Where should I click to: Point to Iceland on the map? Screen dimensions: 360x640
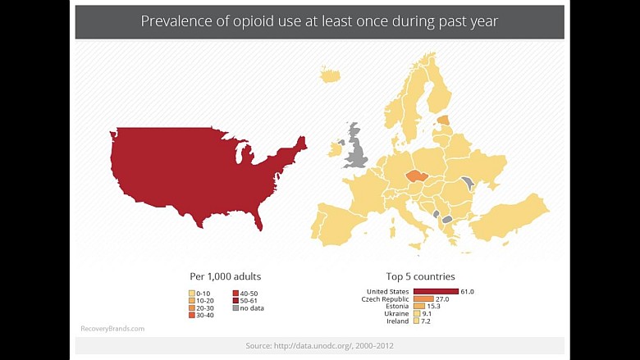click(330, 75)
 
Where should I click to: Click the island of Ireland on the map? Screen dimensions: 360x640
click(336, 150)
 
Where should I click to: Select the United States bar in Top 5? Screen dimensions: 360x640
click(436, 291)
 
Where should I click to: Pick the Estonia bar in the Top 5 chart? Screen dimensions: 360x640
click(418, 307)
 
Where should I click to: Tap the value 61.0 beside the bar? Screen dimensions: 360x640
click(468, 291)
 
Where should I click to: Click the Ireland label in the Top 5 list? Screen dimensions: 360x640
click(397, 321)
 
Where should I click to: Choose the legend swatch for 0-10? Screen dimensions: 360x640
click(192, 294)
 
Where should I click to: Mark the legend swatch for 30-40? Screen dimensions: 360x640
click(192, 316)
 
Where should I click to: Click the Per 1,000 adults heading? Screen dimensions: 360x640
click(225, 276)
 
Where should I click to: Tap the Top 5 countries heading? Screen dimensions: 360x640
click(420, 276)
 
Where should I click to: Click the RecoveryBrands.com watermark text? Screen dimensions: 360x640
click(112, 329)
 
